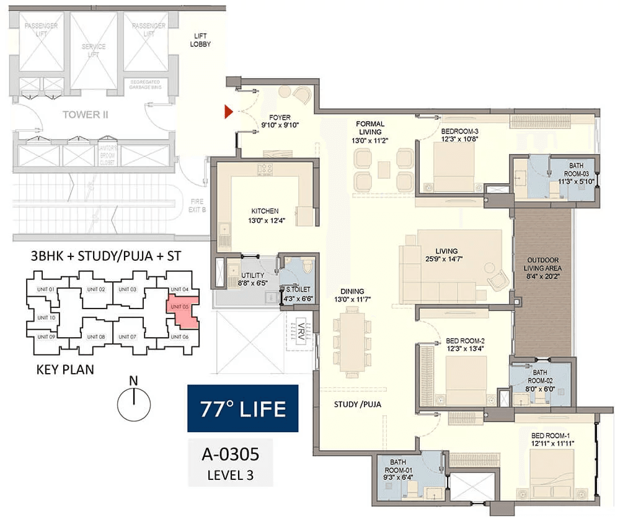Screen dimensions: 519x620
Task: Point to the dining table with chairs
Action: coord(352,341)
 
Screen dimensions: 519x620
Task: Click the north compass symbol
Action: coord(135,404)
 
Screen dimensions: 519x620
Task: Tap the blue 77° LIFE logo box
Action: coord(242,408)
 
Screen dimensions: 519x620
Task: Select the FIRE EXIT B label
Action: coord(195,205)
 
